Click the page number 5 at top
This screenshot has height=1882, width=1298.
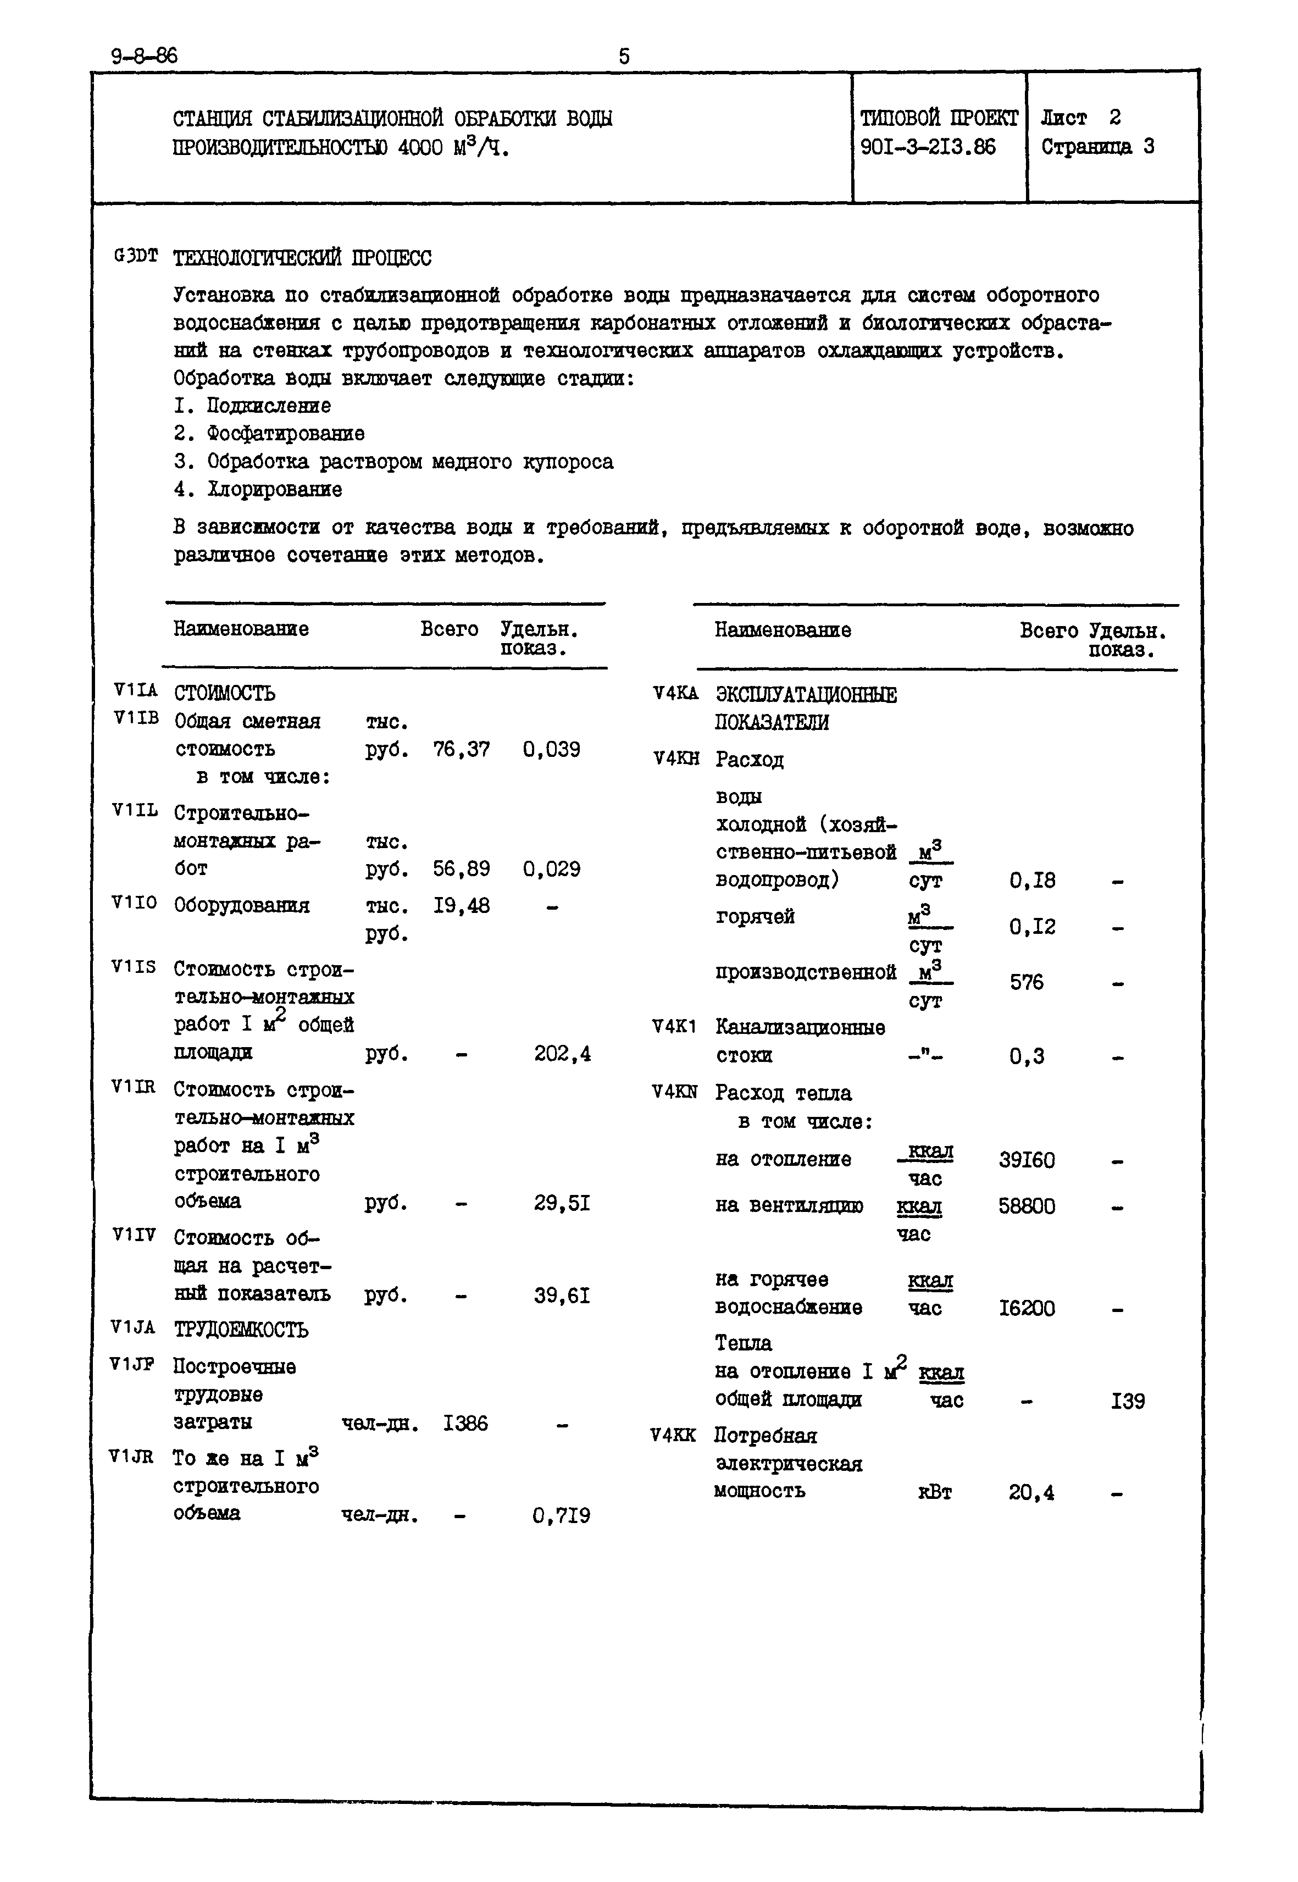tap(624, 56)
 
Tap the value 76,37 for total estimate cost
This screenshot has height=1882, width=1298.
tap(461, 749)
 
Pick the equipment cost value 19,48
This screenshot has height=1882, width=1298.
tap(461, 905)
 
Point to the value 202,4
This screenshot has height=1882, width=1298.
tap(562, 1053)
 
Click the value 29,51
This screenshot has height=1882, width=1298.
tap(562, 1202)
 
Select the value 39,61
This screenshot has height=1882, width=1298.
tap(562, 1295)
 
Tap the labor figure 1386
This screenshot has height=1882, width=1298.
tap(465, 1422)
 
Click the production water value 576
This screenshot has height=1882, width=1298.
tap(1027, 982)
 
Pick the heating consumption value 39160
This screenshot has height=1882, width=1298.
tap(1027, 1160)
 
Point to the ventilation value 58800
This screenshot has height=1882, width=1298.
tap(1027, 1206)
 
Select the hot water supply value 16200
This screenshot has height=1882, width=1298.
tap(1027, 1308)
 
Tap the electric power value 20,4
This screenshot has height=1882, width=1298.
tap(1031, 1492)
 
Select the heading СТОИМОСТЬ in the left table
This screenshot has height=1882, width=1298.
tap(224, 693)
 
